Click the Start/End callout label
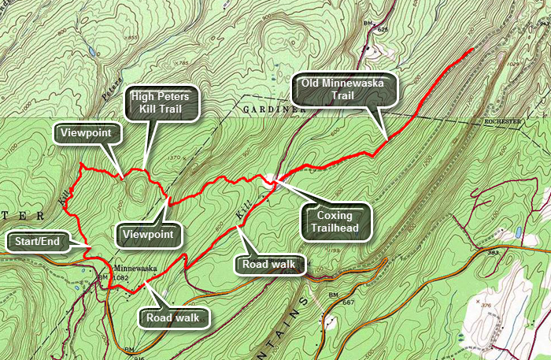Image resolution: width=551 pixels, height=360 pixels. [x=31, y=240]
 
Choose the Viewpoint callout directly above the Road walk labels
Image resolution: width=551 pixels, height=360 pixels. [x=149, y=234]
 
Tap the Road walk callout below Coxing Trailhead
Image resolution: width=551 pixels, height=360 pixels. [x=269, y=263]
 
